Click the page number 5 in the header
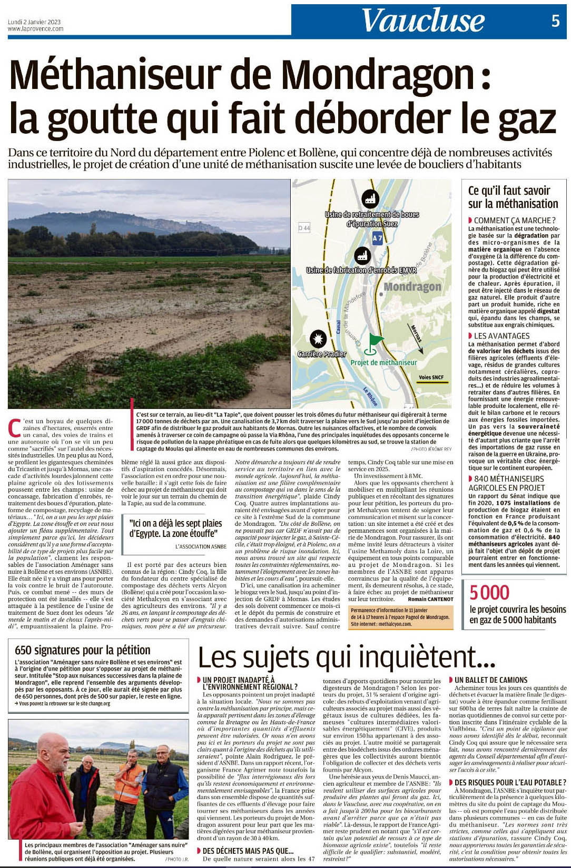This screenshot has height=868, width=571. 556,21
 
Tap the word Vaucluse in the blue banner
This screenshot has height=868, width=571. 422,21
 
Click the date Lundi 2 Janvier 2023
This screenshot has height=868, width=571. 34,22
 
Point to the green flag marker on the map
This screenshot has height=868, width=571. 375,342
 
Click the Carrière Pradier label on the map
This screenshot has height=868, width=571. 322,354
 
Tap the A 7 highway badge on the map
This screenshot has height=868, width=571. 377,238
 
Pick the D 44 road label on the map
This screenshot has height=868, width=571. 304,228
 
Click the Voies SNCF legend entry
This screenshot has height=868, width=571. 431,377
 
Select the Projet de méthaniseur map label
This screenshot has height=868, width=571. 383,363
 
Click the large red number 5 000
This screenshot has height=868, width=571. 489,593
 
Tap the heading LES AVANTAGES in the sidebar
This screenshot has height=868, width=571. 501,336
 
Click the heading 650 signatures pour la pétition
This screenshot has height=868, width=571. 83,650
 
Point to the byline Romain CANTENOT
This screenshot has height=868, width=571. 430,599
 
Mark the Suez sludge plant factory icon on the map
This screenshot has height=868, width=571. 370,199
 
